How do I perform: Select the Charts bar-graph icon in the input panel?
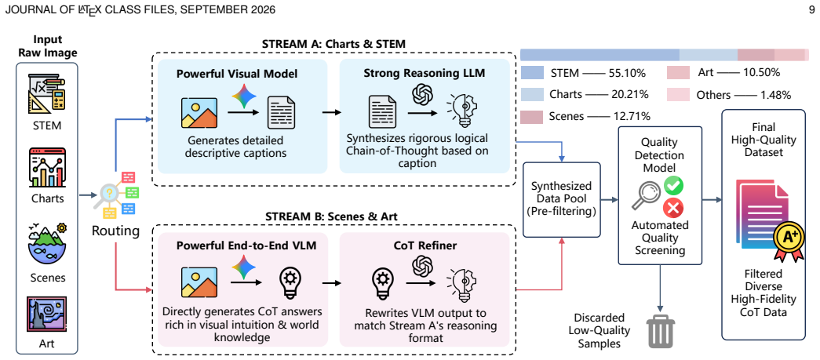[47, 169]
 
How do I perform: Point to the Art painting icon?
[46, 315]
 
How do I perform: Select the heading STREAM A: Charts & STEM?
[333, 44]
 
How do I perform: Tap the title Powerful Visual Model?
[237, 75]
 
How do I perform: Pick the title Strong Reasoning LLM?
[425, 74]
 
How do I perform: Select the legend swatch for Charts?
[533, 95]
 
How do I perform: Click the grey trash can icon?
[661, 333]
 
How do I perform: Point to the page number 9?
[811, 9]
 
